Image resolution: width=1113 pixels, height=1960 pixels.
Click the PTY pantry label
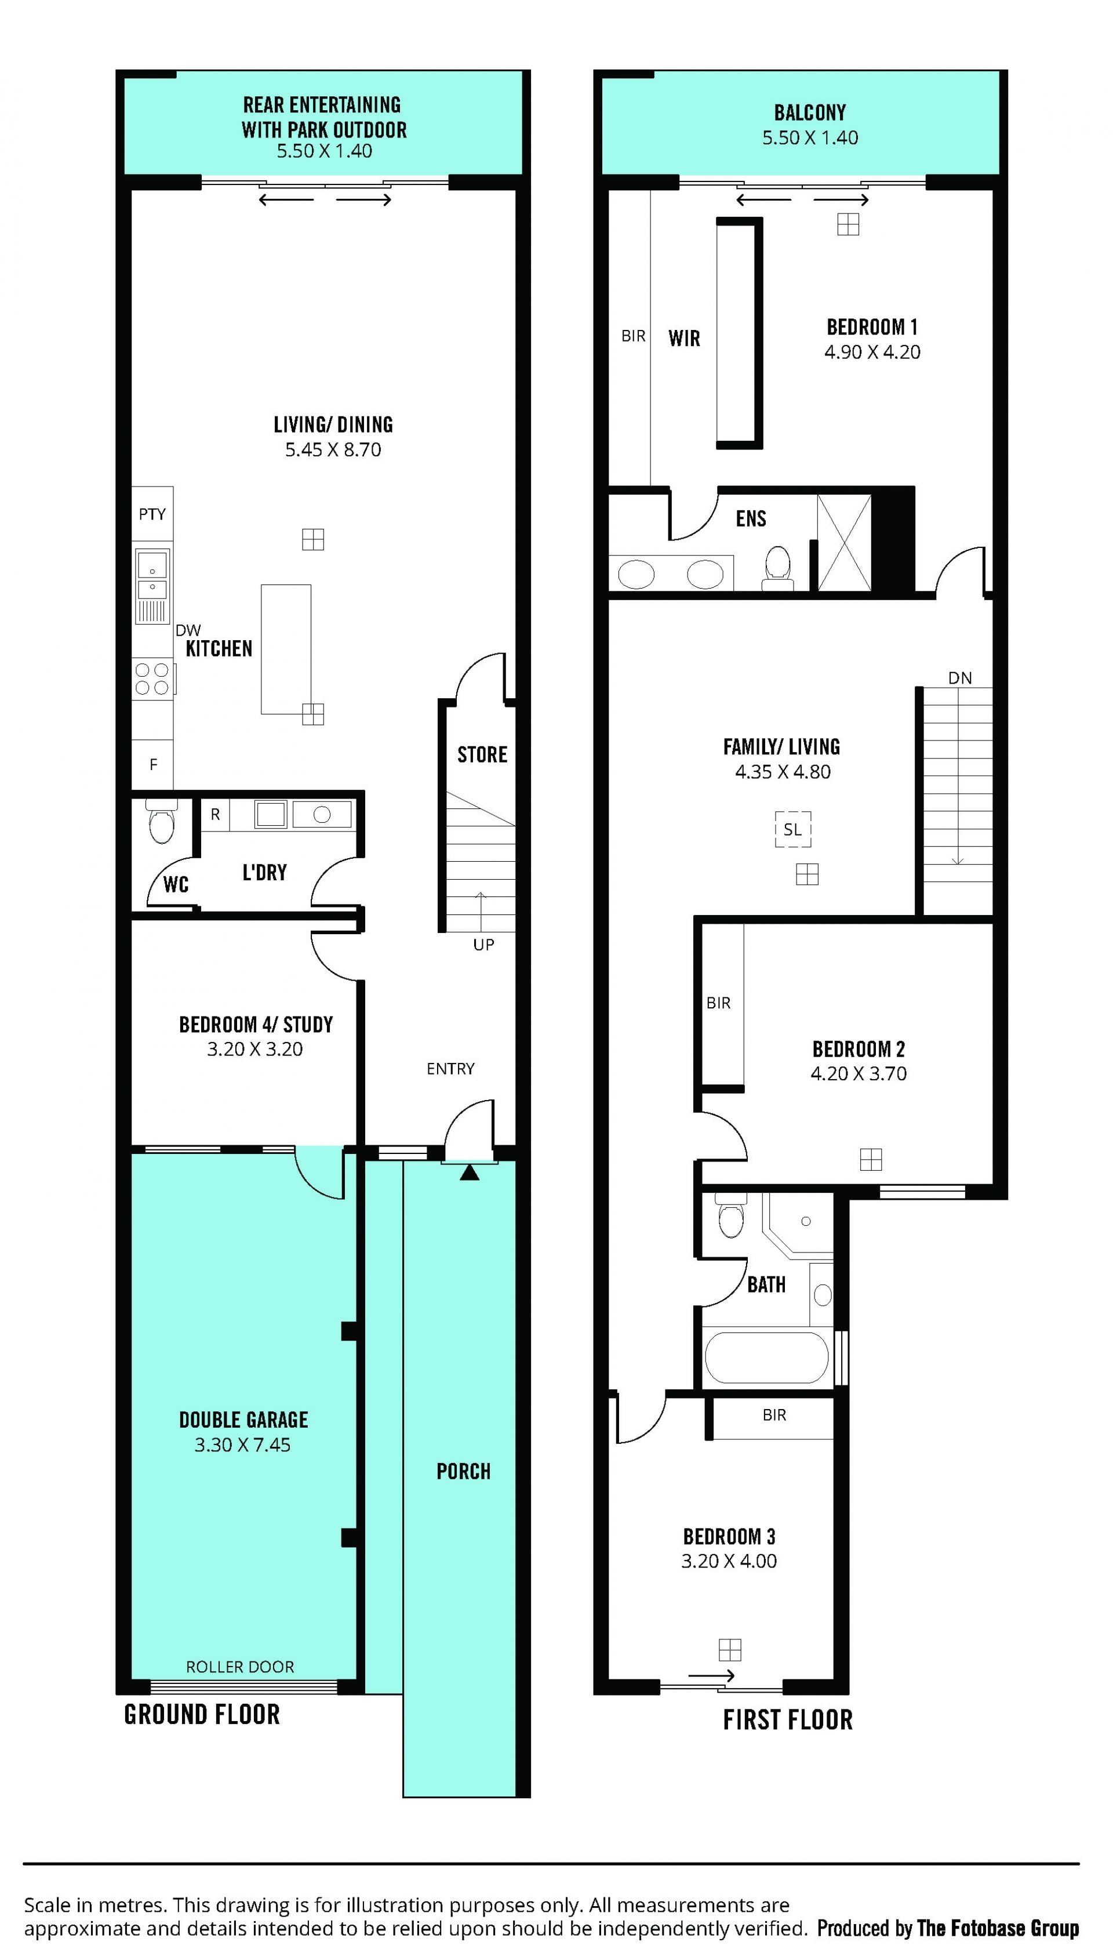point(152,514)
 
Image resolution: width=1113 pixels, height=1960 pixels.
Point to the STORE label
point(482,754)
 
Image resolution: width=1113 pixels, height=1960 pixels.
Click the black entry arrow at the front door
point(470,1172)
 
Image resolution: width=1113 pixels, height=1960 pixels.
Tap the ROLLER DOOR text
point(240,1667)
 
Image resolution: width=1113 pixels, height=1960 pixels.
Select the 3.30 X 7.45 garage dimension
point(242,1444)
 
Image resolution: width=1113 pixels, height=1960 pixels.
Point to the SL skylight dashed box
point(792,829)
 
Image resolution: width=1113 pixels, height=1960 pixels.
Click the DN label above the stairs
point(960,677)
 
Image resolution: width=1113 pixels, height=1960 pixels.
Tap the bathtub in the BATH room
point(767,1358)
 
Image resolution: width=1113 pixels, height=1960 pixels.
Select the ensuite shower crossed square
point(844,543)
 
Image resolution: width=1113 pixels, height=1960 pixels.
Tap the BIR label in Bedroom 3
point(774,1415)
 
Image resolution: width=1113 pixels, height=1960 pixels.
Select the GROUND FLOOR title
point(202,1714)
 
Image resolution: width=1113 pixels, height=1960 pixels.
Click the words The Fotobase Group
point(998,1928)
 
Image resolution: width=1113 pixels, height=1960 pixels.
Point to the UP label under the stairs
point(483,944)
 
